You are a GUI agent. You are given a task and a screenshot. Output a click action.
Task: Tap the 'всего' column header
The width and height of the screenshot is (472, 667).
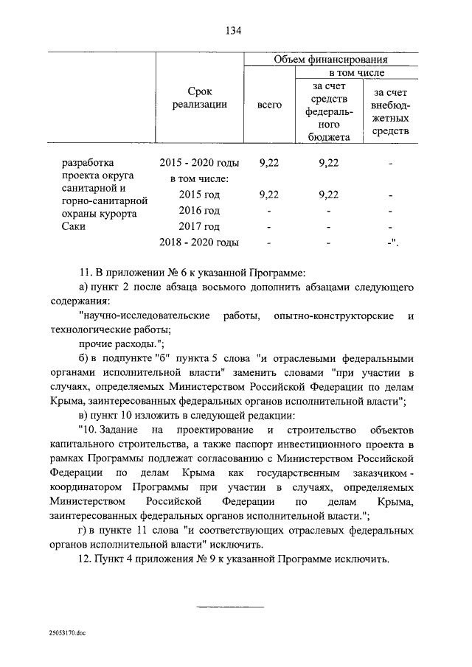pos(269,105)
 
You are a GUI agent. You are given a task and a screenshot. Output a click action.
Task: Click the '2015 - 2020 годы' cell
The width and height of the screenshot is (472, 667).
pos(200,163)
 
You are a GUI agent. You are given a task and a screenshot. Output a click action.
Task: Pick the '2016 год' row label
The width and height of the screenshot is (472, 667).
pos(200,211)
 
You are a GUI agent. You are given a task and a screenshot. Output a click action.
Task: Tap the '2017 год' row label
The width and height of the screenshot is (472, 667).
pos(200,226)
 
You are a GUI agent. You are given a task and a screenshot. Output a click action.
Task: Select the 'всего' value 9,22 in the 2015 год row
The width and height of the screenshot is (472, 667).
pos(269,195)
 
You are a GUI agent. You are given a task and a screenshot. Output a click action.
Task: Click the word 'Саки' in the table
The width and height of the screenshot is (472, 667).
pos(74,226)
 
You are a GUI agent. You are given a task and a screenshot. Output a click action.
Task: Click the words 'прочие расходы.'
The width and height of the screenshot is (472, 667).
pos(120,344)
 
